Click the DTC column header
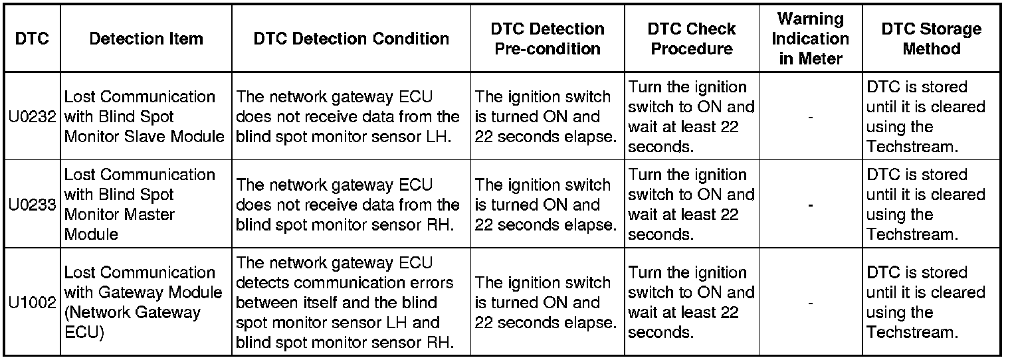click(x=32, y=39)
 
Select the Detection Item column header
click(x=146, y=39)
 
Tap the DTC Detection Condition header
click(x=352, y=39)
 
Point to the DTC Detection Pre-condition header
click(x=548, y=39)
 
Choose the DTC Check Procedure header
click(x=692, y=39)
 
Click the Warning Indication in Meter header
click(x=811, y=39)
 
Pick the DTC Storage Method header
click(x=932, y=39)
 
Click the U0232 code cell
click(x=32, y=117)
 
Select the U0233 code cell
click(x=32, y=205)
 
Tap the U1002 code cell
click(x=32, y=302)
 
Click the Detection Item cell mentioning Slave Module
click(x=145, y=117)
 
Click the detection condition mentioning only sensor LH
click(x=348, y=117)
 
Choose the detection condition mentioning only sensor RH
click(x=348, y=205)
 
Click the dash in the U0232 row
click(x=811, y=118)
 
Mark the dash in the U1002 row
click(x=811, y=303)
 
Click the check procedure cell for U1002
click(x=691, y=302)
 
